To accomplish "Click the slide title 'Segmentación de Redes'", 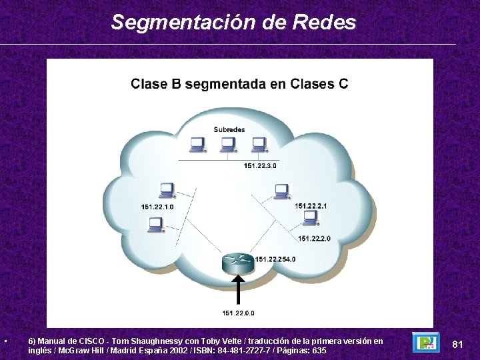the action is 233,22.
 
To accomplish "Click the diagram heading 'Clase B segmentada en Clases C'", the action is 239,84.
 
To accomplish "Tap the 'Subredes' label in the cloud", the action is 229,129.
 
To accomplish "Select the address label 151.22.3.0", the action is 260,165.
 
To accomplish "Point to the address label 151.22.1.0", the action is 157,207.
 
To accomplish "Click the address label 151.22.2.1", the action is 311,206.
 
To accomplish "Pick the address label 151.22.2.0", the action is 314,238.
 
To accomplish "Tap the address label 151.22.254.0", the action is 275,259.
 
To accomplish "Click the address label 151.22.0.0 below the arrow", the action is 238,313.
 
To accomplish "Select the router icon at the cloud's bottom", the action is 238,263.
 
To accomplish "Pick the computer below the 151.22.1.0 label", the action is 155,225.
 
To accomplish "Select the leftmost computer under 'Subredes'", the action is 197,145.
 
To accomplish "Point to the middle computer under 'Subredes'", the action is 228,145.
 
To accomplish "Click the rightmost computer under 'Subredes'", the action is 259,145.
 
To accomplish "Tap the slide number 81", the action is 457,344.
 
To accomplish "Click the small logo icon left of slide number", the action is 425,342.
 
